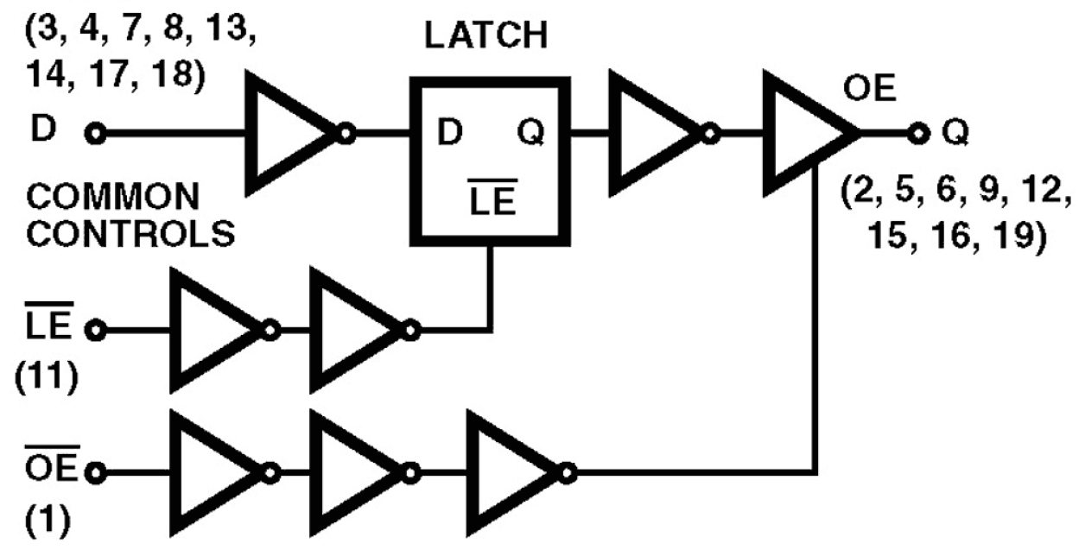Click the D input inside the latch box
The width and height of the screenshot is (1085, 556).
[450, 134]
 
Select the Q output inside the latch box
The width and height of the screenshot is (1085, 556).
[530, 134]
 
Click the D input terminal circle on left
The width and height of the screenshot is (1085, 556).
[94, 135]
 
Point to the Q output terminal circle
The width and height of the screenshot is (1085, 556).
[919, 135]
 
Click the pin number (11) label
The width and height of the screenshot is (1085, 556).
[44, 378]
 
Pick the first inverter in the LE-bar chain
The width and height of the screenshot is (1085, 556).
[213, 330]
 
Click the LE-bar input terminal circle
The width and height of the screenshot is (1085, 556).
[96, 330]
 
